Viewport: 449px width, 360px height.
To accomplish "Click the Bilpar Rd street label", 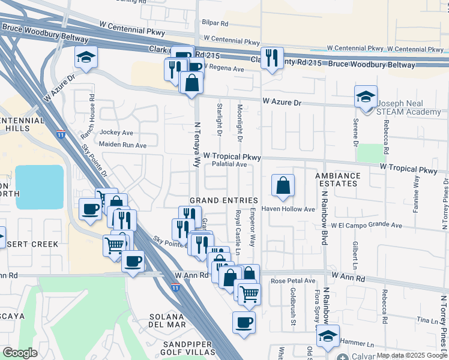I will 215,24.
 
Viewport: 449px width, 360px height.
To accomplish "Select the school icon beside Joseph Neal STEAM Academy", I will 365,97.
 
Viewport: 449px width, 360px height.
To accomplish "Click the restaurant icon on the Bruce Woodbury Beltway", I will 272,58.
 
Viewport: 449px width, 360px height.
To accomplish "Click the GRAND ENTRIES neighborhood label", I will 223,200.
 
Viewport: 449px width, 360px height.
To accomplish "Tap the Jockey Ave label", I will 116,133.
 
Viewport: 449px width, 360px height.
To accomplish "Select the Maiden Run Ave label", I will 122,145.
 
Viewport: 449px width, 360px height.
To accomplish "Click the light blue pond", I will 39,187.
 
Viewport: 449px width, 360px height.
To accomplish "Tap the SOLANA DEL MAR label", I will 167,321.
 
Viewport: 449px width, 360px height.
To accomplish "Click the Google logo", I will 20,353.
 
